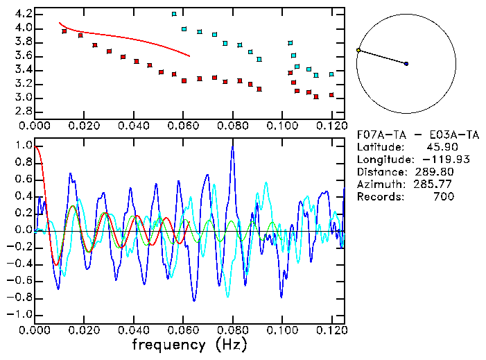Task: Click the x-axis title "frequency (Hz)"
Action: tap(189, 344)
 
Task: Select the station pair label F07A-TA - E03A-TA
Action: tap(417, 134)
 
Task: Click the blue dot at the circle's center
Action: tap(406, 64)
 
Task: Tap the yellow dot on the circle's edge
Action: tap(358, 50)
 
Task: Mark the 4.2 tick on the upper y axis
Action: tap(22, 14)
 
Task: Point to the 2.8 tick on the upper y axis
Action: tap(22, 111)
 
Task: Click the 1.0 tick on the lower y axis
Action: tap(22, 146)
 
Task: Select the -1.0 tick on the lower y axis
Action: tap(19, 314)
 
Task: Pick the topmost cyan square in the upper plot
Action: tap(174, 14)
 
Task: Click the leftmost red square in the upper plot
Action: tap(64, 31)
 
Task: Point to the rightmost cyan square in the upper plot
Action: tap(331, 74)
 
